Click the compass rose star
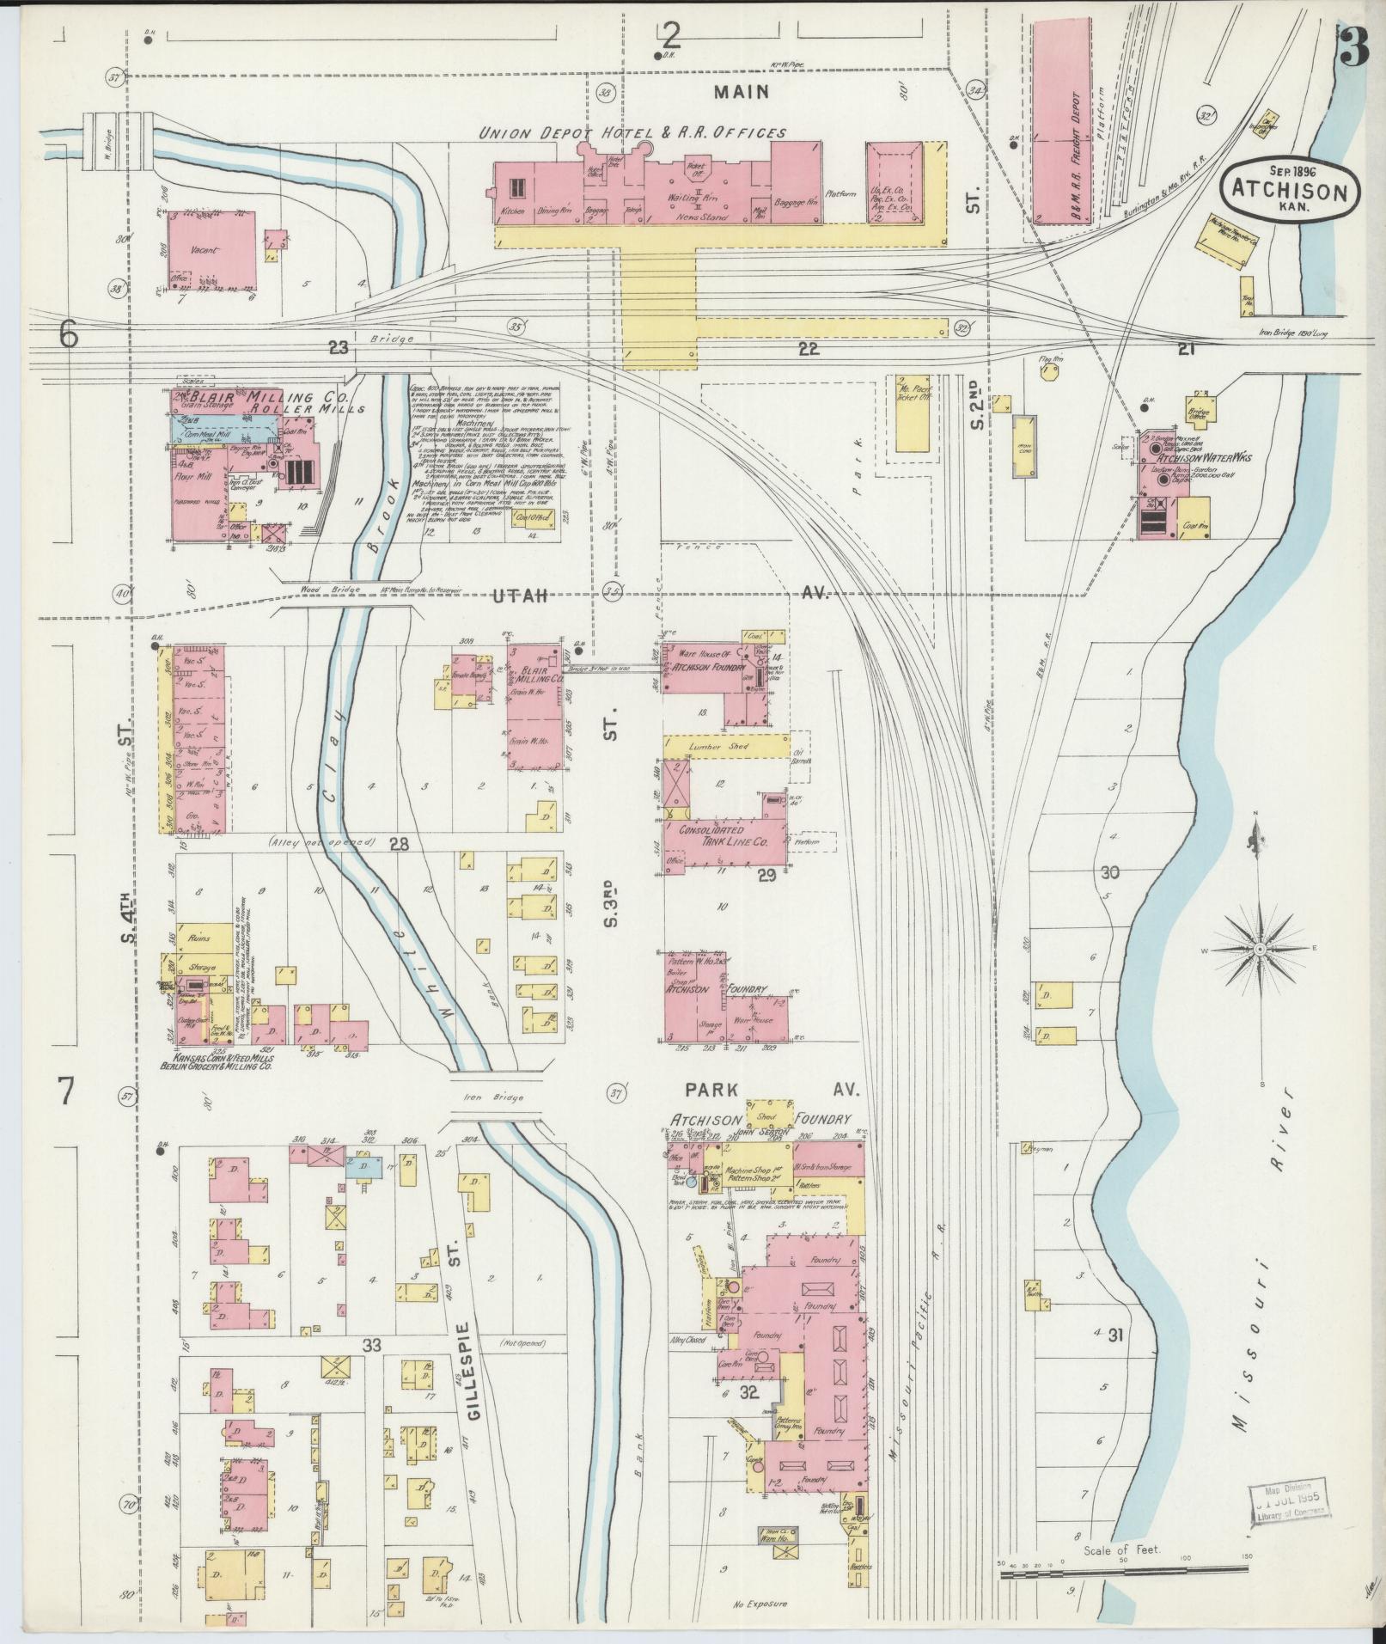click(1259, 949)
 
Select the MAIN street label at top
click(746, 91)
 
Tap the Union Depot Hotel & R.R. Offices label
click(632, 132)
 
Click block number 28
click(398, 845)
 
